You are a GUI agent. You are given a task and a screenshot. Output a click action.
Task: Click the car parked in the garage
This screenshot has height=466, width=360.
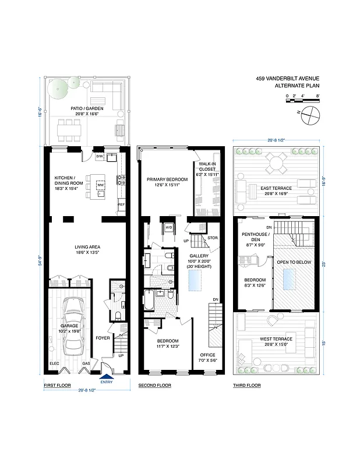(73, 326)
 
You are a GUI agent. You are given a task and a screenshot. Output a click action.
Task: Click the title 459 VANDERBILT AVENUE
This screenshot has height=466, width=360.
(288, 79)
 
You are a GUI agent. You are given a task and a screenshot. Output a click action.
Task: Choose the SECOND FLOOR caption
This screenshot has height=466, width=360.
(154, 386)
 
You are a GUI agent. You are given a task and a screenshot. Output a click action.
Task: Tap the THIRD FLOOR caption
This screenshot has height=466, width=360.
(247, 386)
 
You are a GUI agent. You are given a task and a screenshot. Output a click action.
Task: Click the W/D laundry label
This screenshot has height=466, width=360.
(168, 227)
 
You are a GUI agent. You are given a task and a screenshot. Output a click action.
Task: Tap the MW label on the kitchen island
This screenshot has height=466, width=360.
(100, 185)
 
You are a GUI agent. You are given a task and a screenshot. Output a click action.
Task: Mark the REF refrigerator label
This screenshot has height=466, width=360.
(121, 205)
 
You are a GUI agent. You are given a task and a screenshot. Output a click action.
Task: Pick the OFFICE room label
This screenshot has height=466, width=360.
(208, 354)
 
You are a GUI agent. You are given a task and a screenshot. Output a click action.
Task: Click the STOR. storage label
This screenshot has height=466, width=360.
(212, 238)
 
